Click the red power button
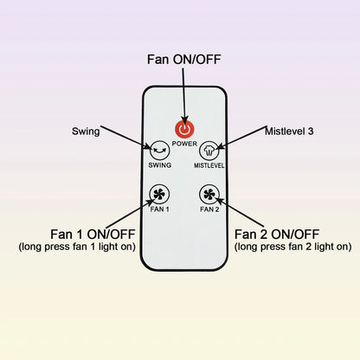click(x=184, y=130)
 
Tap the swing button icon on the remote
click(x=159, y=151)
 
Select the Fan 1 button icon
click(x=159, y=195)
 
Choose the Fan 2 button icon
click(x=209, y=195)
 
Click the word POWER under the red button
click(x=184, y=144)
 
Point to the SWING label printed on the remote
click(x=159, y=165)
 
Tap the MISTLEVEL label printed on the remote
click(x=209, y=165)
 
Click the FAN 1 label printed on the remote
click(x=159, y=209)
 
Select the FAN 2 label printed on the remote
click(x=209, y=209)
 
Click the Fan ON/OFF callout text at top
click(x=184, y=60)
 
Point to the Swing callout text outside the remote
click(x=86, y=132)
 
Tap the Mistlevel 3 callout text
click(x=289, y=132)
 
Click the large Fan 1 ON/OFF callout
click(x=93, y=235)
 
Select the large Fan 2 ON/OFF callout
click(x=277, y=235)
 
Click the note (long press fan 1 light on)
click(x=77, y=247)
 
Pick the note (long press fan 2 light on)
click(x=292, y=247)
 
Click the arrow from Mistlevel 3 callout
click(x=241, y=138)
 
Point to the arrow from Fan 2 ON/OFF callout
click(x=240, y=212)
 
